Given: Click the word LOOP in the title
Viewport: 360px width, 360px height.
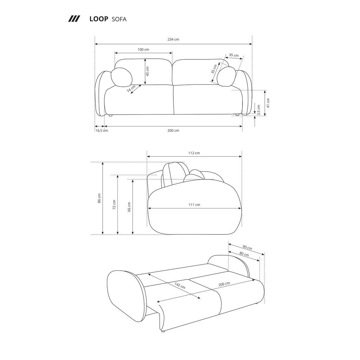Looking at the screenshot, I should pos(98,19).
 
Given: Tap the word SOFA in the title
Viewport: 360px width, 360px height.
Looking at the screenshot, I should pos(119,19).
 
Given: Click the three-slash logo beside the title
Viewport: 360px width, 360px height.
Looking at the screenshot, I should pos(74,19).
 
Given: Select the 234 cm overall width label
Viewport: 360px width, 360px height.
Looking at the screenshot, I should pos(173,39).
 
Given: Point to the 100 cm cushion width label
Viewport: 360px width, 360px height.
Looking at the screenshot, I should pos(143,50).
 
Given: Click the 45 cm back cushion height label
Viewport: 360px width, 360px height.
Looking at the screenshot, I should pos(148,71).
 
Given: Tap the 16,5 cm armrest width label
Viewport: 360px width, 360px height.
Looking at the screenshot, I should pos(102,130).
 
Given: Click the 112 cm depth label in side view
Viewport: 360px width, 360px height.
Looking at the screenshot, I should pos(194,153).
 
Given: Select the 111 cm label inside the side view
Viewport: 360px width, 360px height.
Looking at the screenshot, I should pos(194,205).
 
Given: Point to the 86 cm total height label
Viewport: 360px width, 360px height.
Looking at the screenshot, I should pos(99,198).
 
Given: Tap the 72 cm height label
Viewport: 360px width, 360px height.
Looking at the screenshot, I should pos(114,204).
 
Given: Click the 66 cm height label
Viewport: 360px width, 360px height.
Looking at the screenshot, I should pos(129,207).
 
